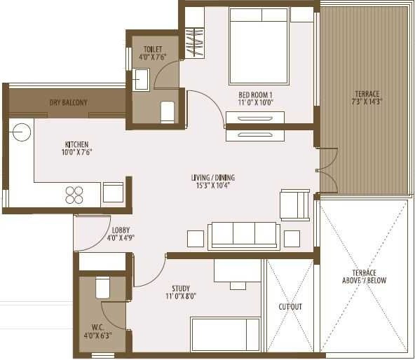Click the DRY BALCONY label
68,103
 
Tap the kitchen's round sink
21,130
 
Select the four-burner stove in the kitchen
74,194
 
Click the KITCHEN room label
76,148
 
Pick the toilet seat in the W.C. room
102,287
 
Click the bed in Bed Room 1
259,46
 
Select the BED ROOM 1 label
255,99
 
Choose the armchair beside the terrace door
294,205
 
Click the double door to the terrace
327,169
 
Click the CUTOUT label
290,307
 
